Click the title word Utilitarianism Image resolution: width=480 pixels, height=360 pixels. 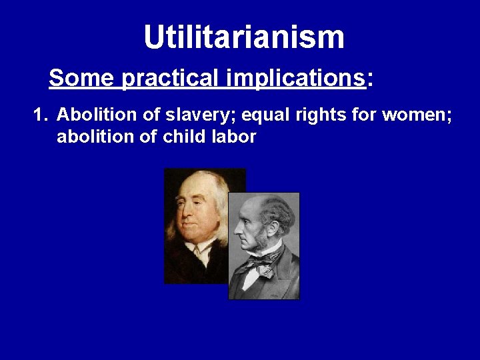(244, 37)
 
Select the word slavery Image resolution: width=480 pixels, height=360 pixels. (177, 117)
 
